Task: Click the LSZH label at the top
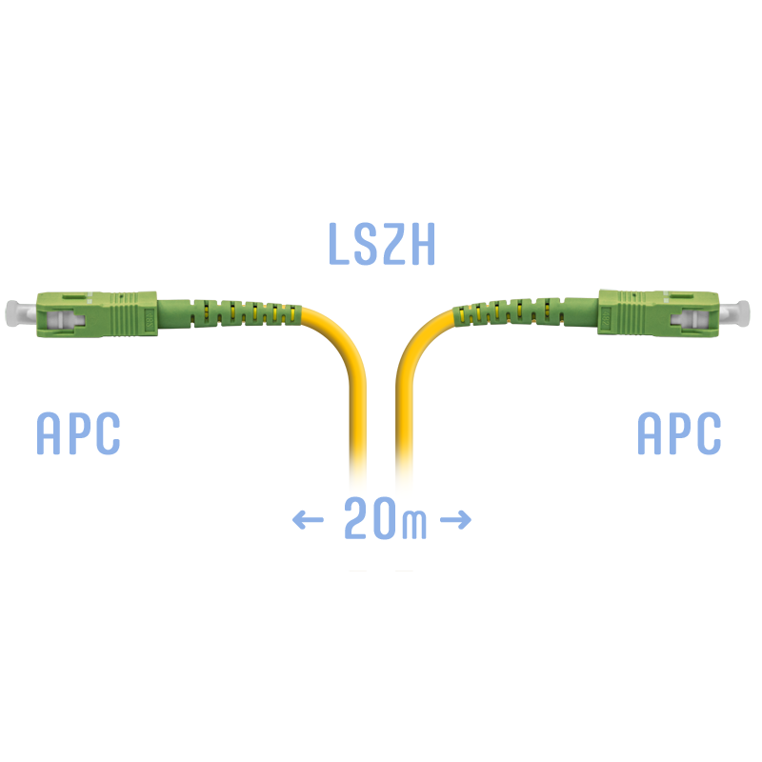point(382,244)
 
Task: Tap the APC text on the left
point(78,433)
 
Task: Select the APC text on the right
point(679,433)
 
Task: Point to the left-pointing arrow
point(308,519)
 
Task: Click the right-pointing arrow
point(455,519)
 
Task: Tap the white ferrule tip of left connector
point(20,313)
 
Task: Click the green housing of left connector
point(97,314)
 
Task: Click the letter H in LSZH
point(422,244)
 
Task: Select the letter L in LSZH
point(339,244)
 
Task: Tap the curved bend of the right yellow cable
point(415,340)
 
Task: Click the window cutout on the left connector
point(65,320)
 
